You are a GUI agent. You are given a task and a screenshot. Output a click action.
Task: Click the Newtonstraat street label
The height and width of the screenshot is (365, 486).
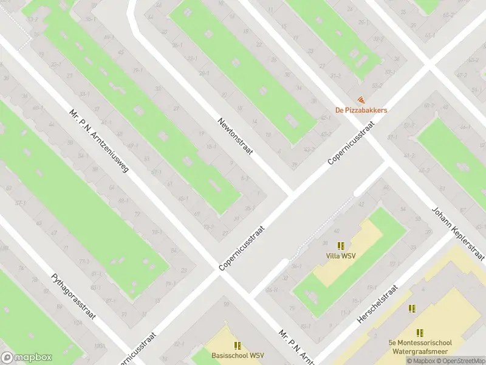click(235, 136)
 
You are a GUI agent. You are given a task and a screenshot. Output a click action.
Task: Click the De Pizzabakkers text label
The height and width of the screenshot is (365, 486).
click(361, 110)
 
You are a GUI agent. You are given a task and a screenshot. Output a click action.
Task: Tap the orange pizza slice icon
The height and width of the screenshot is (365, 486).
click(361, 99)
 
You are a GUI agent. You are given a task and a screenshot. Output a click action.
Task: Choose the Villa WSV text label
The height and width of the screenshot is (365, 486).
click(341, 255)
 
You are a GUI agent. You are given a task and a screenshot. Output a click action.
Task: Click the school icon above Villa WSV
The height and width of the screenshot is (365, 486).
click(341, 246)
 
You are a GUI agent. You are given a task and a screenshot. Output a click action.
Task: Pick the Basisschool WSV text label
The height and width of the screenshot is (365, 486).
click(238, 355)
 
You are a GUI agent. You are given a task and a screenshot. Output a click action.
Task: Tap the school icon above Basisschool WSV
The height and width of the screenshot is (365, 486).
click(238, 345)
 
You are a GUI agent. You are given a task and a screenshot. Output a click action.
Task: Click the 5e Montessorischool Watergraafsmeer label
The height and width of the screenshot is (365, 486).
click(420, 347)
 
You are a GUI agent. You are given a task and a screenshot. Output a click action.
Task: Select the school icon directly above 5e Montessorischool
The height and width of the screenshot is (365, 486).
click(420, 333)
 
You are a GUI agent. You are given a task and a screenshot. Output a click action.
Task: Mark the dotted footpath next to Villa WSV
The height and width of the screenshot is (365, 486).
click(316, 228)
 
